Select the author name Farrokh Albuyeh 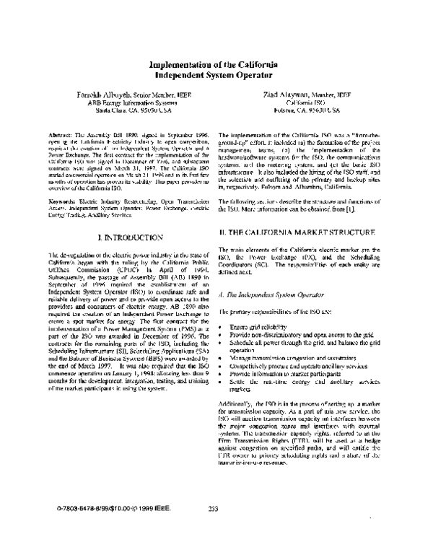(x=108, y=95)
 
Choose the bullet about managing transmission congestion (x=297, y=336)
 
